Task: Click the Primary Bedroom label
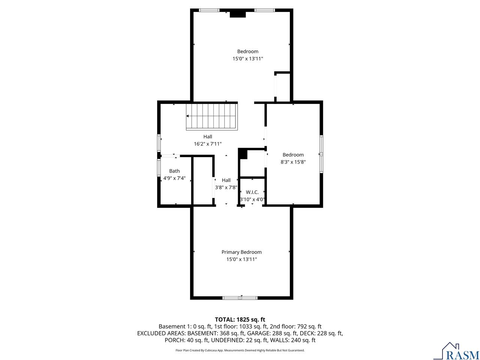click(x=241, y=252)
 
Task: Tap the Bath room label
click(x=174, y=171)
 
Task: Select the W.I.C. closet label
click(x=252, y=192)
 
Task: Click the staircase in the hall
click(x=212, y=117)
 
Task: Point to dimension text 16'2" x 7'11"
click(x=207, y=144)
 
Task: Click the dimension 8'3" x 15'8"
click(x=293, y=162)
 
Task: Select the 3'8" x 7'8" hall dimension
click(x=226, y=187)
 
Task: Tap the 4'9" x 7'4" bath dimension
click(x=174, y=178)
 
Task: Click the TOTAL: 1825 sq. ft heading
click(x=240, y=319)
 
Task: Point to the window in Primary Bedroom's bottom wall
click(x=240, y=298)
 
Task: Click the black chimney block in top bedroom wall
click(x=237, y=14)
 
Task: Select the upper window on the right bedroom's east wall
click(x=321, y=144)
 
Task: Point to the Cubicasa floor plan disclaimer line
click(x=240, y=350)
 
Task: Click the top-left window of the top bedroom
click(x=209, y=10)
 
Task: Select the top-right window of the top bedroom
click(x=265, y=10)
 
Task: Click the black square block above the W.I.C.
click(x=243, y=153)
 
